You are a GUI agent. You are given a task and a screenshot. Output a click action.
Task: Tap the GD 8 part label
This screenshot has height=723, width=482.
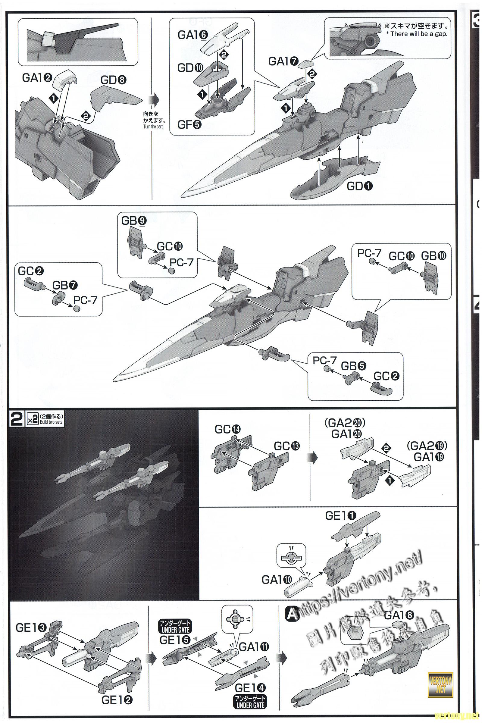[114, 80]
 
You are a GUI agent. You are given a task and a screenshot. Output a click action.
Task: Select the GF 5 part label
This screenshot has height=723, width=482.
[190, 125]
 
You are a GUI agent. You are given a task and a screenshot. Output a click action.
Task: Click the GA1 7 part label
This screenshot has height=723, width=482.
[283, 62]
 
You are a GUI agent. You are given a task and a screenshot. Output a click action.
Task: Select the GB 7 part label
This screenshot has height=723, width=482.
[65, 285]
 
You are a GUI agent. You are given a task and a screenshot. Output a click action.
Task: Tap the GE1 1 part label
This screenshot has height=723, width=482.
[341, 516]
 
